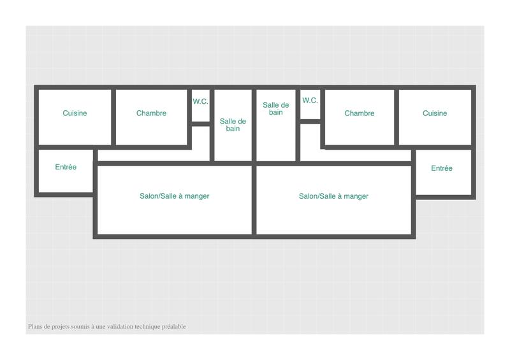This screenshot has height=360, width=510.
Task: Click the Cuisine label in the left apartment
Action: pos(75,113)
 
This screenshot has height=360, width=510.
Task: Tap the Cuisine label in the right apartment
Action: pos(435,113)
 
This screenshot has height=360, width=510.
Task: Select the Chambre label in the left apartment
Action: pos(151,113)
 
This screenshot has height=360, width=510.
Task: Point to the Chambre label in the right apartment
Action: pos(360,113)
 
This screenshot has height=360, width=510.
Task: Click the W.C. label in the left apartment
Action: pos(201,101)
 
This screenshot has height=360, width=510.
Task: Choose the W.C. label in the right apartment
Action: pos(310,100)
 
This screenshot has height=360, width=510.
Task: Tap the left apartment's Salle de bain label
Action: pos(233,125)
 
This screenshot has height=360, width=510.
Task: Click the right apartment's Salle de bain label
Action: pos(276,109)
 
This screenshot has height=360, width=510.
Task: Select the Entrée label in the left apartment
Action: pos(66,167)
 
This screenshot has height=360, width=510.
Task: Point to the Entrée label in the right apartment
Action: pos(442,168)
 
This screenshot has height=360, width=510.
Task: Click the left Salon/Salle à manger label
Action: pos(175,196)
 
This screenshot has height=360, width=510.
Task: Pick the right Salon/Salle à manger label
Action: pos(333,196)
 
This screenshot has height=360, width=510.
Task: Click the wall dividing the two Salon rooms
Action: pos(254,201)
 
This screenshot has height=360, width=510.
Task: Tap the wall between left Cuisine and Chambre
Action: pos(113,118)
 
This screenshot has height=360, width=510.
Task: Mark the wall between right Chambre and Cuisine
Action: pos(397,118)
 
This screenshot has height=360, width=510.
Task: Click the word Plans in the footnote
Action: pos(35,327)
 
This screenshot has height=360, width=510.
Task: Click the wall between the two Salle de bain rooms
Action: pos(254,124)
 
